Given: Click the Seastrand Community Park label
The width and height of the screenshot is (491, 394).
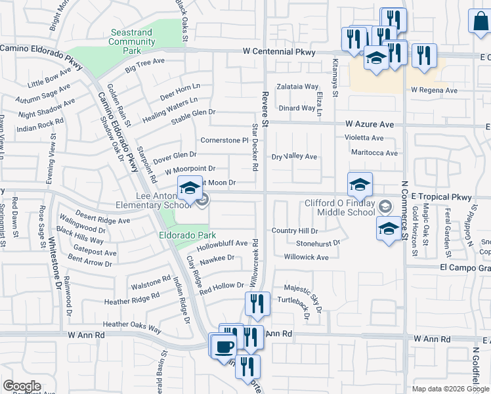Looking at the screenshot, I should pos(132,41).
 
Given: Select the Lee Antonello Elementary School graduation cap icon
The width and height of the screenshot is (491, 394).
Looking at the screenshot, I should pos(190,190).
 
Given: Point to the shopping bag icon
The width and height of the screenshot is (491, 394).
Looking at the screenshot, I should pos(480,21).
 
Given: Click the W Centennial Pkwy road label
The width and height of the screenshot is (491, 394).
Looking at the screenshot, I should pos(279,52).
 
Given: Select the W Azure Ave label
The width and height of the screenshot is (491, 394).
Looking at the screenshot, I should pos(370,123).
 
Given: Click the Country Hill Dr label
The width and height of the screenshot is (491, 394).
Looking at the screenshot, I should pos(295,231).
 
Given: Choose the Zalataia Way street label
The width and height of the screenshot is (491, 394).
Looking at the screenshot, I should pos(297,86).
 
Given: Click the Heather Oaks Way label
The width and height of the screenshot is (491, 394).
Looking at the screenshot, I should pos(132,324).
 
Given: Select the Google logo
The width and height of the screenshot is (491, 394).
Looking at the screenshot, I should pos(22,386).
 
